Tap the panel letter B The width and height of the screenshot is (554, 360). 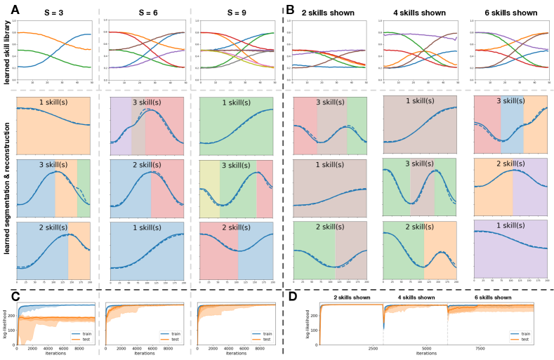[x=291, y=11]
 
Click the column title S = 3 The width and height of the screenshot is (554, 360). [x=53, y=13]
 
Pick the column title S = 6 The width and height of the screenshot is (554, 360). [x=147, y=13]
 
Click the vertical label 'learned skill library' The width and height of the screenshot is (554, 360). [x=6, y=53]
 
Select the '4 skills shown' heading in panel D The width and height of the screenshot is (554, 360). [x=420, y=298]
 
